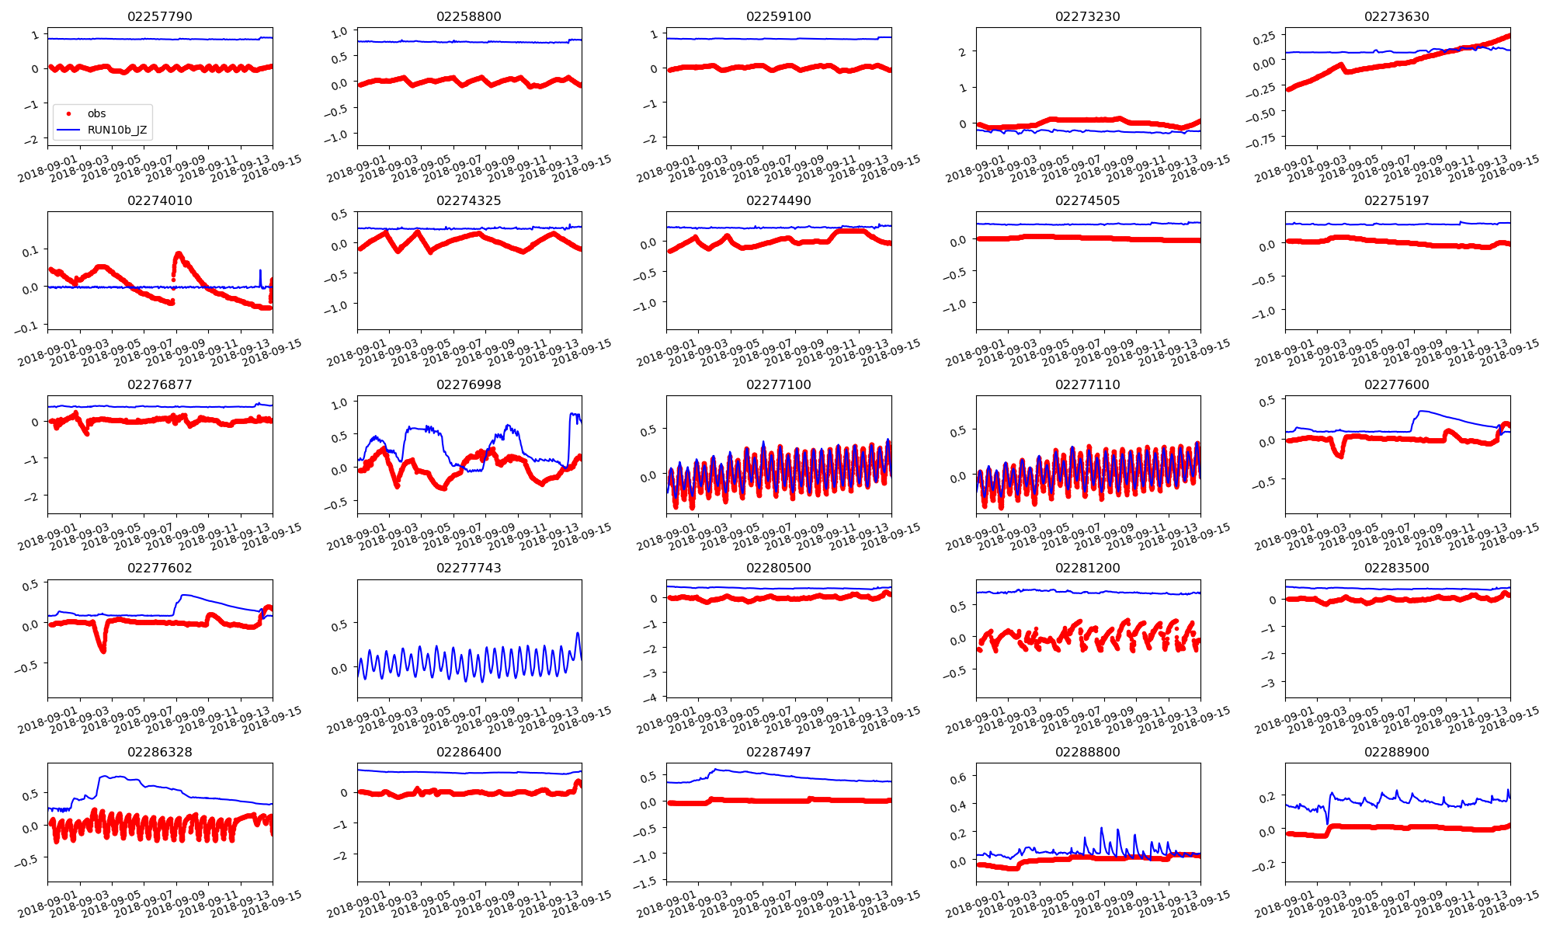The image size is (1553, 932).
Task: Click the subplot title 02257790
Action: click(x=160, y=16)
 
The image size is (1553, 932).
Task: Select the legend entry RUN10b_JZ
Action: click(x=117, y=130)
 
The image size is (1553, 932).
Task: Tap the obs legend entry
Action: click(x=96, y=113)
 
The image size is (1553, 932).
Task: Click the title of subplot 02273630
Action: click(x=1397, y=16)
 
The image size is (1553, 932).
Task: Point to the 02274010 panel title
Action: click(x=160, y=200)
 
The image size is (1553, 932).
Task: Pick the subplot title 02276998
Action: click(x=469, y=384)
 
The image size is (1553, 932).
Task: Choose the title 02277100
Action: click(x=778, y=384)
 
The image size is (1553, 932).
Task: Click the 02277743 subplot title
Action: click(x=469, y=568)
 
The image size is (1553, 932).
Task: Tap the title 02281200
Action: click(x=1088, y=568)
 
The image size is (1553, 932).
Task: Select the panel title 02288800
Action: click(x=1088, y=752)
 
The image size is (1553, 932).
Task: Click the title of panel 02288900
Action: click(x=1397, y=752)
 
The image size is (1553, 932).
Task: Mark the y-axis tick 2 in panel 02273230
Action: click(x=963, y=52)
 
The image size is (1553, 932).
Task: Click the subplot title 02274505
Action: click(x=1088, y=200)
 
